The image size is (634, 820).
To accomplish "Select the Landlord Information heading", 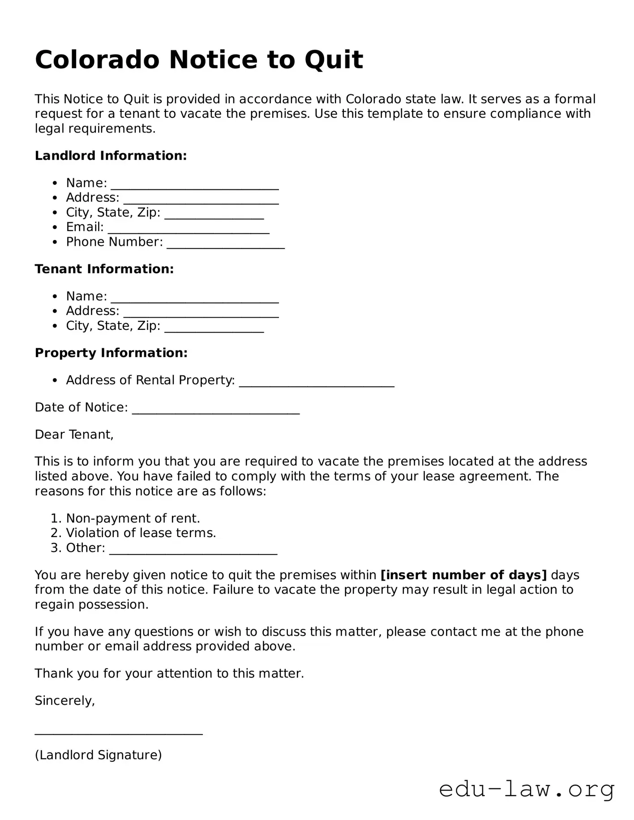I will click(x=111, y=156).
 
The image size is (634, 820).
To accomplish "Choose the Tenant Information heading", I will click(x=104, y=269).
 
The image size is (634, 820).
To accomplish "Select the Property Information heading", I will click(x=111, y=353).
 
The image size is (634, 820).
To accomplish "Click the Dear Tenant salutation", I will click(x=74, y=434).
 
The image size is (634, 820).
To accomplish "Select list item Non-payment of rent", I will click(x=133, y=518).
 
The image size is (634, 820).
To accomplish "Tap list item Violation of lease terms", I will click(x=141, y=533).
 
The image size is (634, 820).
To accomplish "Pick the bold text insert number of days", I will click(x=463, y=575).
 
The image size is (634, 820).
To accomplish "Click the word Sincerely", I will click(x=64, y=700).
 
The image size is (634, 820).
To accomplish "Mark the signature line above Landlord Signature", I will click(x=119, y=733).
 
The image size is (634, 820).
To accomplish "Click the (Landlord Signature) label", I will click(x=98, y=755).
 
